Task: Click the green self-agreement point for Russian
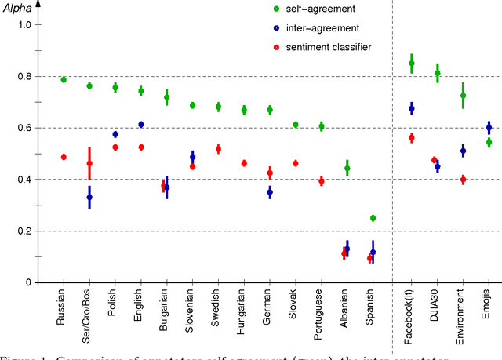click(64, 80)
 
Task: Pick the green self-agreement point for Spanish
click(373, 218)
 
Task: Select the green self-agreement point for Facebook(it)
click(412, 64)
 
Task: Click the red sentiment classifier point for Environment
click(463, 180)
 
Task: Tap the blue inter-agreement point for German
click(270, 191)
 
